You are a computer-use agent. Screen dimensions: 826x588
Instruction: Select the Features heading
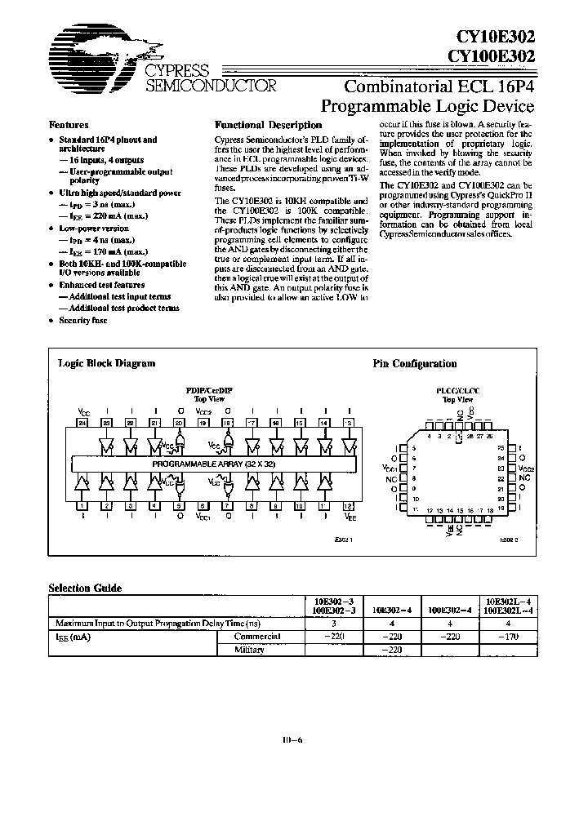[x=69, y=126]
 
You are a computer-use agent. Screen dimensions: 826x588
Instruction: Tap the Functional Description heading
[x=268, y=126]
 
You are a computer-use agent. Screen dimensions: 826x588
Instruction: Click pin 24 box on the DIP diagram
[x=82, y=422]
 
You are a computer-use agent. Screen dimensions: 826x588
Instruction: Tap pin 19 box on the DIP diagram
[x=203, y=422]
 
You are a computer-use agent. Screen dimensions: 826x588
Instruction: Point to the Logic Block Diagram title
[x=106, y=363]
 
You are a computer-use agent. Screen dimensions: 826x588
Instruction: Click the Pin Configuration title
[x=415, y=364]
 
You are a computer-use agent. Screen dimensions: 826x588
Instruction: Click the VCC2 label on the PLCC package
[x=525, y=469]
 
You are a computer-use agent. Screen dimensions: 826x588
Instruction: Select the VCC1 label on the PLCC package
[x=389, y=469]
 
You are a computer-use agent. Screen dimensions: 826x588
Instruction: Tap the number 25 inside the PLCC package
[x=501, y=449]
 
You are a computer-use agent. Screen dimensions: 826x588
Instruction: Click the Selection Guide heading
[x=85, y=588]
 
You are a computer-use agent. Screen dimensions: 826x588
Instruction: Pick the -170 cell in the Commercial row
[x=497, y=636]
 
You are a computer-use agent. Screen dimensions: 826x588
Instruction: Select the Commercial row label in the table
[x=257, y=636]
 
